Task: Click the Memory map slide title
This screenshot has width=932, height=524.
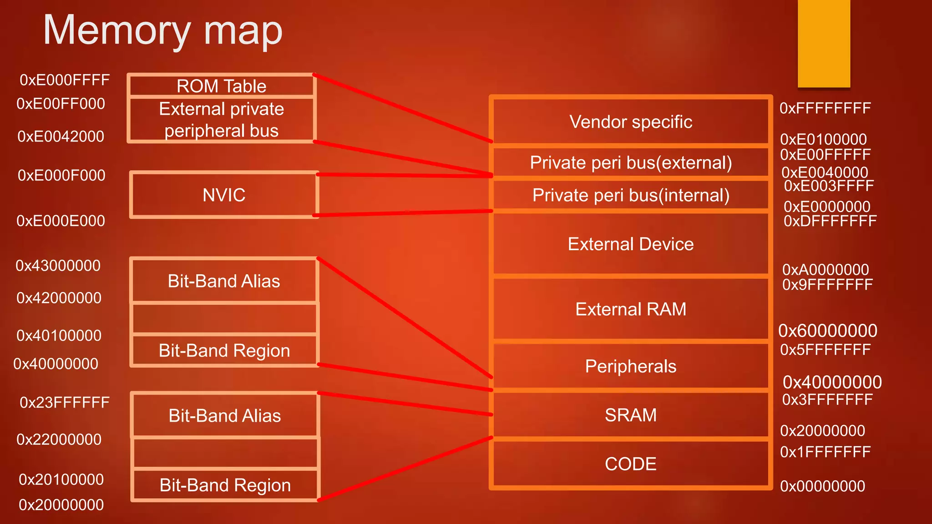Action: tap(162, 31)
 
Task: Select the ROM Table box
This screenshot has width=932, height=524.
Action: tap(222, 86)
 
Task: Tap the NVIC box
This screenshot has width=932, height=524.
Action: tap(224, 195)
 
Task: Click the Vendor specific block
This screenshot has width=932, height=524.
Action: tap(631, 122)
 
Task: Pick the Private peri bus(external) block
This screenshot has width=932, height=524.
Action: tap(631, 162)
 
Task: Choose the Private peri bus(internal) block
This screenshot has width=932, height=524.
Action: tap(631, 195)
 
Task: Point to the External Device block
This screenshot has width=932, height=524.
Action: tap(631, 244)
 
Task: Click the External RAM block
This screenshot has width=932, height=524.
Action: tap(631, 309)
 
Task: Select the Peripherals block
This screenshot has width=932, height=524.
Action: tap(631, 366)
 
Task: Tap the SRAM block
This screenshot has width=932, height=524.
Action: tap(631, 415)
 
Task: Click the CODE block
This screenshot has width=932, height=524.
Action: tap(631, 464)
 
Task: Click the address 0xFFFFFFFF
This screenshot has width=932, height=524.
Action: tap(825, 108)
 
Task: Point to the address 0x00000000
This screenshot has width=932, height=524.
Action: tap(822, 486)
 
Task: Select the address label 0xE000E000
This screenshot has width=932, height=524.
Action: tap(61, 221)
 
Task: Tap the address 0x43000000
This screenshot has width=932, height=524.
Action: tap(58, 266)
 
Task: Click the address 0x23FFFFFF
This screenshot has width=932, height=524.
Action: tap(65, 403)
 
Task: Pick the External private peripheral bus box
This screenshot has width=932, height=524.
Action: tap(222, 120)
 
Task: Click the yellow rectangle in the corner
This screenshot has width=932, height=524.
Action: tap(824, 43)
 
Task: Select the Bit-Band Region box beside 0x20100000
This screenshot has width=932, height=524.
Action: tap(225, 485)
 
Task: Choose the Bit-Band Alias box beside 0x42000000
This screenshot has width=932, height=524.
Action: tap(224, 281)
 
